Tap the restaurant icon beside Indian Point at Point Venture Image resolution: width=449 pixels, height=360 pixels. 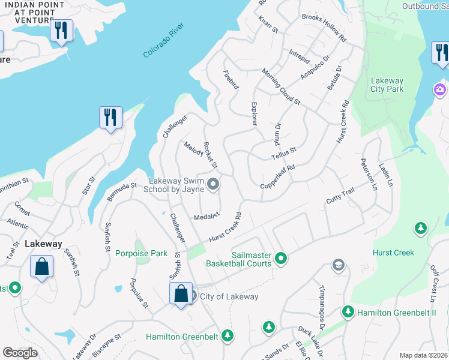point(61,31)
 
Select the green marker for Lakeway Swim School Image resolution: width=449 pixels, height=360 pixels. point(213,184)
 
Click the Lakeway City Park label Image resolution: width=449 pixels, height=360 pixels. point(387,85)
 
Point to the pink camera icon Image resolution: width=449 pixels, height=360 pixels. point(440,89)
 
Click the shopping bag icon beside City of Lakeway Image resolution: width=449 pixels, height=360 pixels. point(181,294)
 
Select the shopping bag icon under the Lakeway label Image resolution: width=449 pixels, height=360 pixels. point(41,266)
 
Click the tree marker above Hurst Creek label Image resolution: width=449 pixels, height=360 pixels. point(421,228)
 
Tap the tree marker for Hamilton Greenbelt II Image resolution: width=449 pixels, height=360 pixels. point(348,312)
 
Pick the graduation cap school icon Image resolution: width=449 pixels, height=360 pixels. point(339,265)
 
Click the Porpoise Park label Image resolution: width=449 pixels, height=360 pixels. point(141,253)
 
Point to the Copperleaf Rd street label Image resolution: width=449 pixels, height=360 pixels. point(278,178)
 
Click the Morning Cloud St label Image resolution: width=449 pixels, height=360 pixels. point(280,87)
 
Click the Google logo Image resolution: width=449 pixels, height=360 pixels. point(20,352)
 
